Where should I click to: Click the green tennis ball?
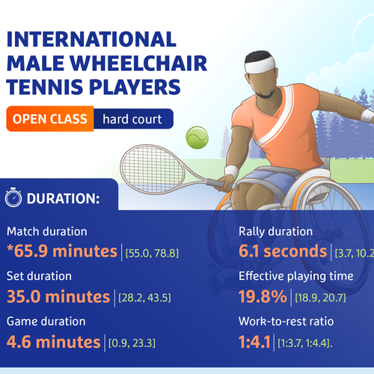click(x=197, y=135)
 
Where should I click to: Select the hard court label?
click(x=132, y=118)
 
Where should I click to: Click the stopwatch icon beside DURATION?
click(x=13, y=199)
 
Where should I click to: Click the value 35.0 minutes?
click(x=58, y=296)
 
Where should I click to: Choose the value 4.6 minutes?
click(x=52, y=342)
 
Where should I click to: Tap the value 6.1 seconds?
click(x=283, y=251)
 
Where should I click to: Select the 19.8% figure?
click(x=263, y=296)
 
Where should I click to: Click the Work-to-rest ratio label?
click(x=285, y=322)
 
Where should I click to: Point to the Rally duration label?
click(x=275, y=231)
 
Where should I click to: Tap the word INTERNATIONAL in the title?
click(x=91, y=38)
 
